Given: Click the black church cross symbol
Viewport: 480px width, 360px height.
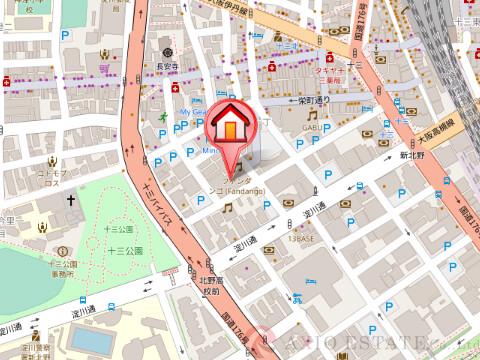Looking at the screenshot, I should tap(71, 201).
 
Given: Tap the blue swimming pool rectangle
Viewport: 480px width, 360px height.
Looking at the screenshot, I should tap(91, 340).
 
